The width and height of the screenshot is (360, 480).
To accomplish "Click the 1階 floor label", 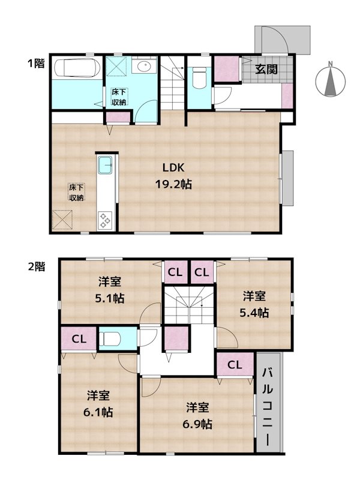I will pyautogui.click(x=35, y=63).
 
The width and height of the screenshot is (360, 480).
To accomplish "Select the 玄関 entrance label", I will pyautogui.click(x=266, y=68).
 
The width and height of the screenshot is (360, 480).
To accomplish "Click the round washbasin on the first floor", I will pyautogui.click(x=144, y=67).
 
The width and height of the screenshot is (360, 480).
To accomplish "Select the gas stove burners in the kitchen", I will pyautogui.click(x=105, y=220).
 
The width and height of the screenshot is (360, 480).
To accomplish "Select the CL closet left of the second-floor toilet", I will pyautogui.click(x=79, y=339).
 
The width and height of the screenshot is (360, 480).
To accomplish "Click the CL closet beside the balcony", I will pyautogui.click(x=235, y=364).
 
